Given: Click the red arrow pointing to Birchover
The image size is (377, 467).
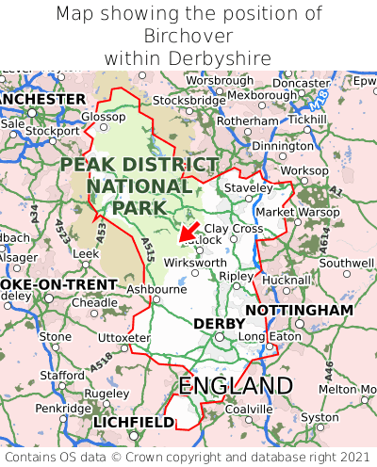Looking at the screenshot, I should pyautogui.click(x=188, y=231).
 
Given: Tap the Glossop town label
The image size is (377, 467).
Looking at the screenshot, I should pyautogui.click(x=103, y=117).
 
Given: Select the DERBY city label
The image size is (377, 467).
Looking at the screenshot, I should pyautogui.click(x=219, y=324).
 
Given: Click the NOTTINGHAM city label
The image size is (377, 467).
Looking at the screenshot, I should pyautogui.click(x=299, y=310).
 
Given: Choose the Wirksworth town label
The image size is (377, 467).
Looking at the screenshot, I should pyautogui.click(x=195, y=263).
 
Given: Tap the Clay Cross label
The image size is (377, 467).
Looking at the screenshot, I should pyautogui.click(x=234, y=229).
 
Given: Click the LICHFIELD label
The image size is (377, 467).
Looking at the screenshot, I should pyautogui.click(x=134, y=423).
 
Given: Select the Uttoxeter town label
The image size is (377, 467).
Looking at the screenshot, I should pyautogui.click(x=123, y=337).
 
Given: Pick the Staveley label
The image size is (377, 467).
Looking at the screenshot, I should pyautogui.click(x=248, y=188).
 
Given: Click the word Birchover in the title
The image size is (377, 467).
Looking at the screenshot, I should pyautogui.click(x=188, y=36).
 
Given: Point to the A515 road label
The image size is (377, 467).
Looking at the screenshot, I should pyautogui.click(x=148, y=249).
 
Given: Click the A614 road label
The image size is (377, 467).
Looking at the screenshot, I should pyautogui.click(x=323, y=242).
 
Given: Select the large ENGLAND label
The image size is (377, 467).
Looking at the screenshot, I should pyautogui.click(x=236, y=386).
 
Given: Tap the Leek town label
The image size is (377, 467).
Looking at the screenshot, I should pyautogui.click(x=86, y=254).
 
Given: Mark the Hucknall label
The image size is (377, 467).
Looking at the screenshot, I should pyautogui.click(x=285, y=281).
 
